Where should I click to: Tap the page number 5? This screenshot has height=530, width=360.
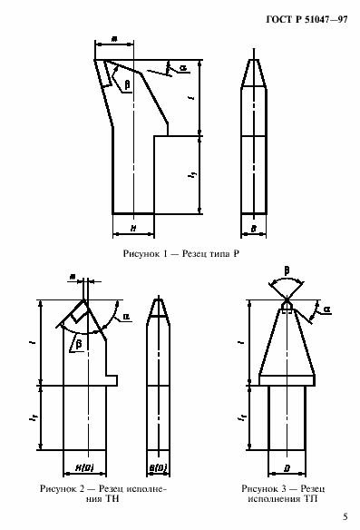click(344, 515)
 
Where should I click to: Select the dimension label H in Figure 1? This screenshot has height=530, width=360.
click(132, 229)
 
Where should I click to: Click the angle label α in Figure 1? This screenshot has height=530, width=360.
click(183, 68)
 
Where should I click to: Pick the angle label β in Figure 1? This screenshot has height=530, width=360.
click(126, 83)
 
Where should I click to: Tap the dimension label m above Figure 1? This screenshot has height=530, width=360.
click(113, 39)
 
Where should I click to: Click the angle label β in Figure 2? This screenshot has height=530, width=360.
click(80, 344)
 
